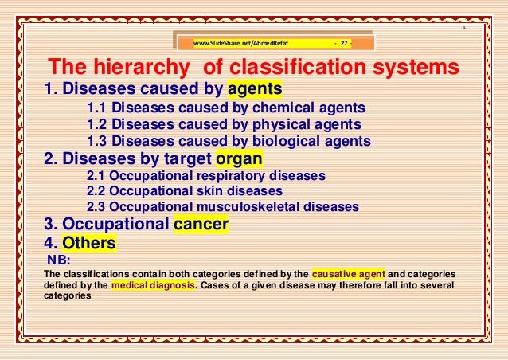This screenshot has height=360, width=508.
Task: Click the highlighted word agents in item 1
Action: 255,88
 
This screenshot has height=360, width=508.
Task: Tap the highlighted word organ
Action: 240,157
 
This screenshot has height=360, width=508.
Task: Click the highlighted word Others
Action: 89,243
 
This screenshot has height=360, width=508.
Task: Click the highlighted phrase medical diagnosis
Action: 154,285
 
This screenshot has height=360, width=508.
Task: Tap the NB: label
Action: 59,259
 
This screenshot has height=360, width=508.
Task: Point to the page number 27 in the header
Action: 344,43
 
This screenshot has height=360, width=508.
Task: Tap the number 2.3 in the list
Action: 96,206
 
